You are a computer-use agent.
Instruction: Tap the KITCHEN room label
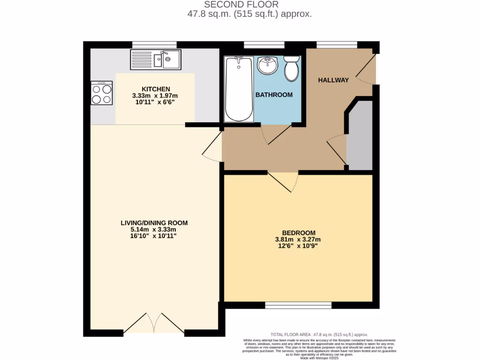[156, 89]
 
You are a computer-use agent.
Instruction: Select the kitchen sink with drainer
[155, 60]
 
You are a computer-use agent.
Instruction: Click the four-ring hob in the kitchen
[102, 93]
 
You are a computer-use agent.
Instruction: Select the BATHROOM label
[274, 95]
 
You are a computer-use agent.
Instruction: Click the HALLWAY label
[333, 80]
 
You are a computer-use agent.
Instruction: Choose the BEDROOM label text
[298, 232]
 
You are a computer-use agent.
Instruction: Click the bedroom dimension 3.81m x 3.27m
[298, 240]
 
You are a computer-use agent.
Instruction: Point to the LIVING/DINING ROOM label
[154, 223]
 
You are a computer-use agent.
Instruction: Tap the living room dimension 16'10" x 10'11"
[154, 236]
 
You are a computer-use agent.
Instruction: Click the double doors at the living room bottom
[154, 323]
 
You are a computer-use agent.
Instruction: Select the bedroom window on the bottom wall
[298, 305]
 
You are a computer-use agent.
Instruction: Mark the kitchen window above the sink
[154, 45]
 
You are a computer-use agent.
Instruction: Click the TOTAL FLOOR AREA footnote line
[319, 334]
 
